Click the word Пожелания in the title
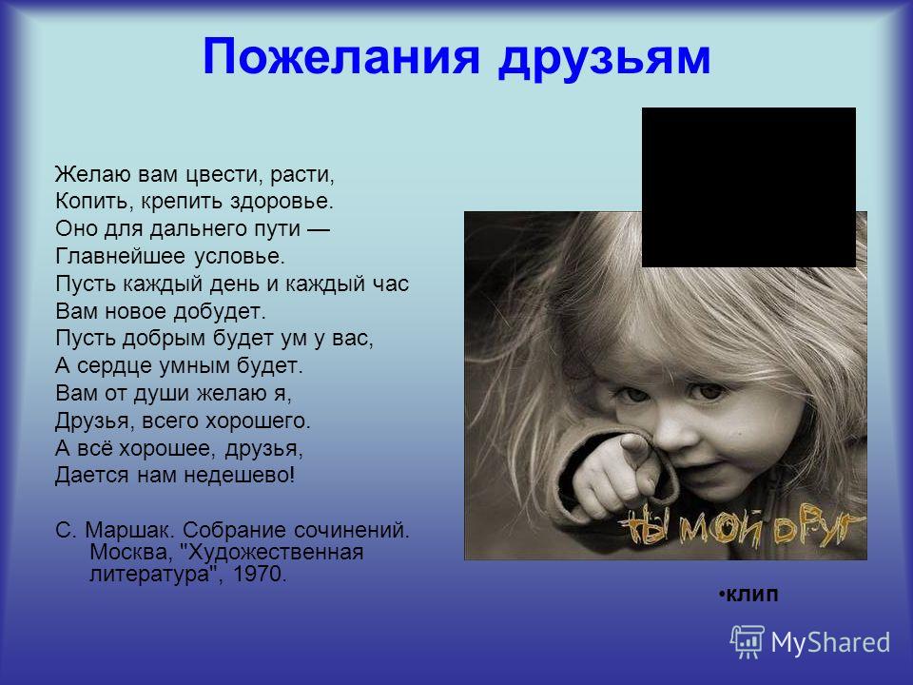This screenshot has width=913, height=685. (341, 56)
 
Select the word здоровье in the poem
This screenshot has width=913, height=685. (282, 202)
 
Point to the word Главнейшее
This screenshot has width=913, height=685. (120, 256)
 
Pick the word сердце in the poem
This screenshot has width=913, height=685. (112, 366)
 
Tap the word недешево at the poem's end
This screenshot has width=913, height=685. (240, 476)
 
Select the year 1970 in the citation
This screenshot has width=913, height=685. (260, 575)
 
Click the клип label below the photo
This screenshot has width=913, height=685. (751, 595)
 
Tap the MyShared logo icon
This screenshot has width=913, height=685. (748, 641)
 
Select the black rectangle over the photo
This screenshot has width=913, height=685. (748, 187)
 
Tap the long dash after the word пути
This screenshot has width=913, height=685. (318, 229)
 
